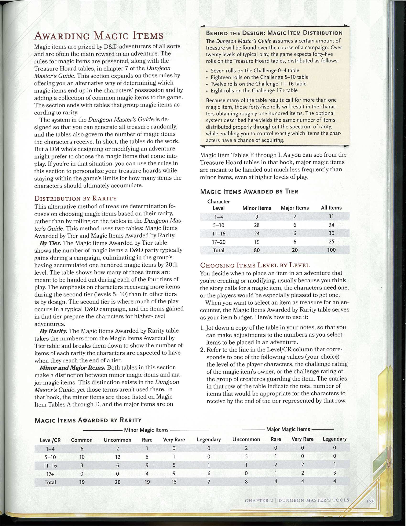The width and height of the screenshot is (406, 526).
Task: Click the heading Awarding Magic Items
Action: click(99, 36)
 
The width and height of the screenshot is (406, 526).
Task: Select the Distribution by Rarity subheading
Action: click(76, 198)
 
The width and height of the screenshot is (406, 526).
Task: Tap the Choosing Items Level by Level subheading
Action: click(255, 265)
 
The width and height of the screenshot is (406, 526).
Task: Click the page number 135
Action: click(370, 501)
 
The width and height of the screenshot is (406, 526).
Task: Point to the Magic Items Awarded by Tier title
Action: click(249, 191)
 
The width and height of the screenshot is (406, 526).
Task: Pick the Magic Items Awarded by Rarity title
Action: click(88, 420)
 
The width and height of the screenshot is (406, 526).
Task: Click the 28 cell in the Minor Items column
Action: click(257, 225)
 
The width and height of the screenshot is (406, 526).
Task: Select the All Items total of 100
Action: click(331, 250)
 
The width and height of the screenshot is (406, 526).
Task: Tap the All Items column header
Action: click(331, 208)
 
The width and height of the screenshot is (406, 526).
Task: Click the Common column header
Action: click(82, 440)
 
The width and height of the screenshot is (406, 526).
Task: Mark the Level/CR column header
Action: click(50, 440)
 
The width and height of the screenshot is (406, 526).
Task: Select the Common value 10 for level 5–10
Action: click(82, 457)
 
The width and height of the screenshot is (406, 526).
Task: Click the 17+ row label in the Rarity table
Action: click(50, 474)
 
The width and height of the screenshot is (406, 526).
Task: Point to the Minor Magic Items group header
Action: click(146, 430)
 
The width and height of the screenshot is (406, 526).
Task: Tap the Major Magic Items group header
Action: click(288, 429)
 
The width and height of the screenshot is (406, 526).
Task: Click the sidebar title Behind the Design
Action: click(274, 33)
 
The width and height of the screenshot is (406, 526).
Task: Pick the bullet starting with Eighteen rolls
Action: click(259, 77)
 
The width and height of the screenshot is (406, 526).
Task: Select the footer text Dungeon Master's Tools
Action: click(313, 500)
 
